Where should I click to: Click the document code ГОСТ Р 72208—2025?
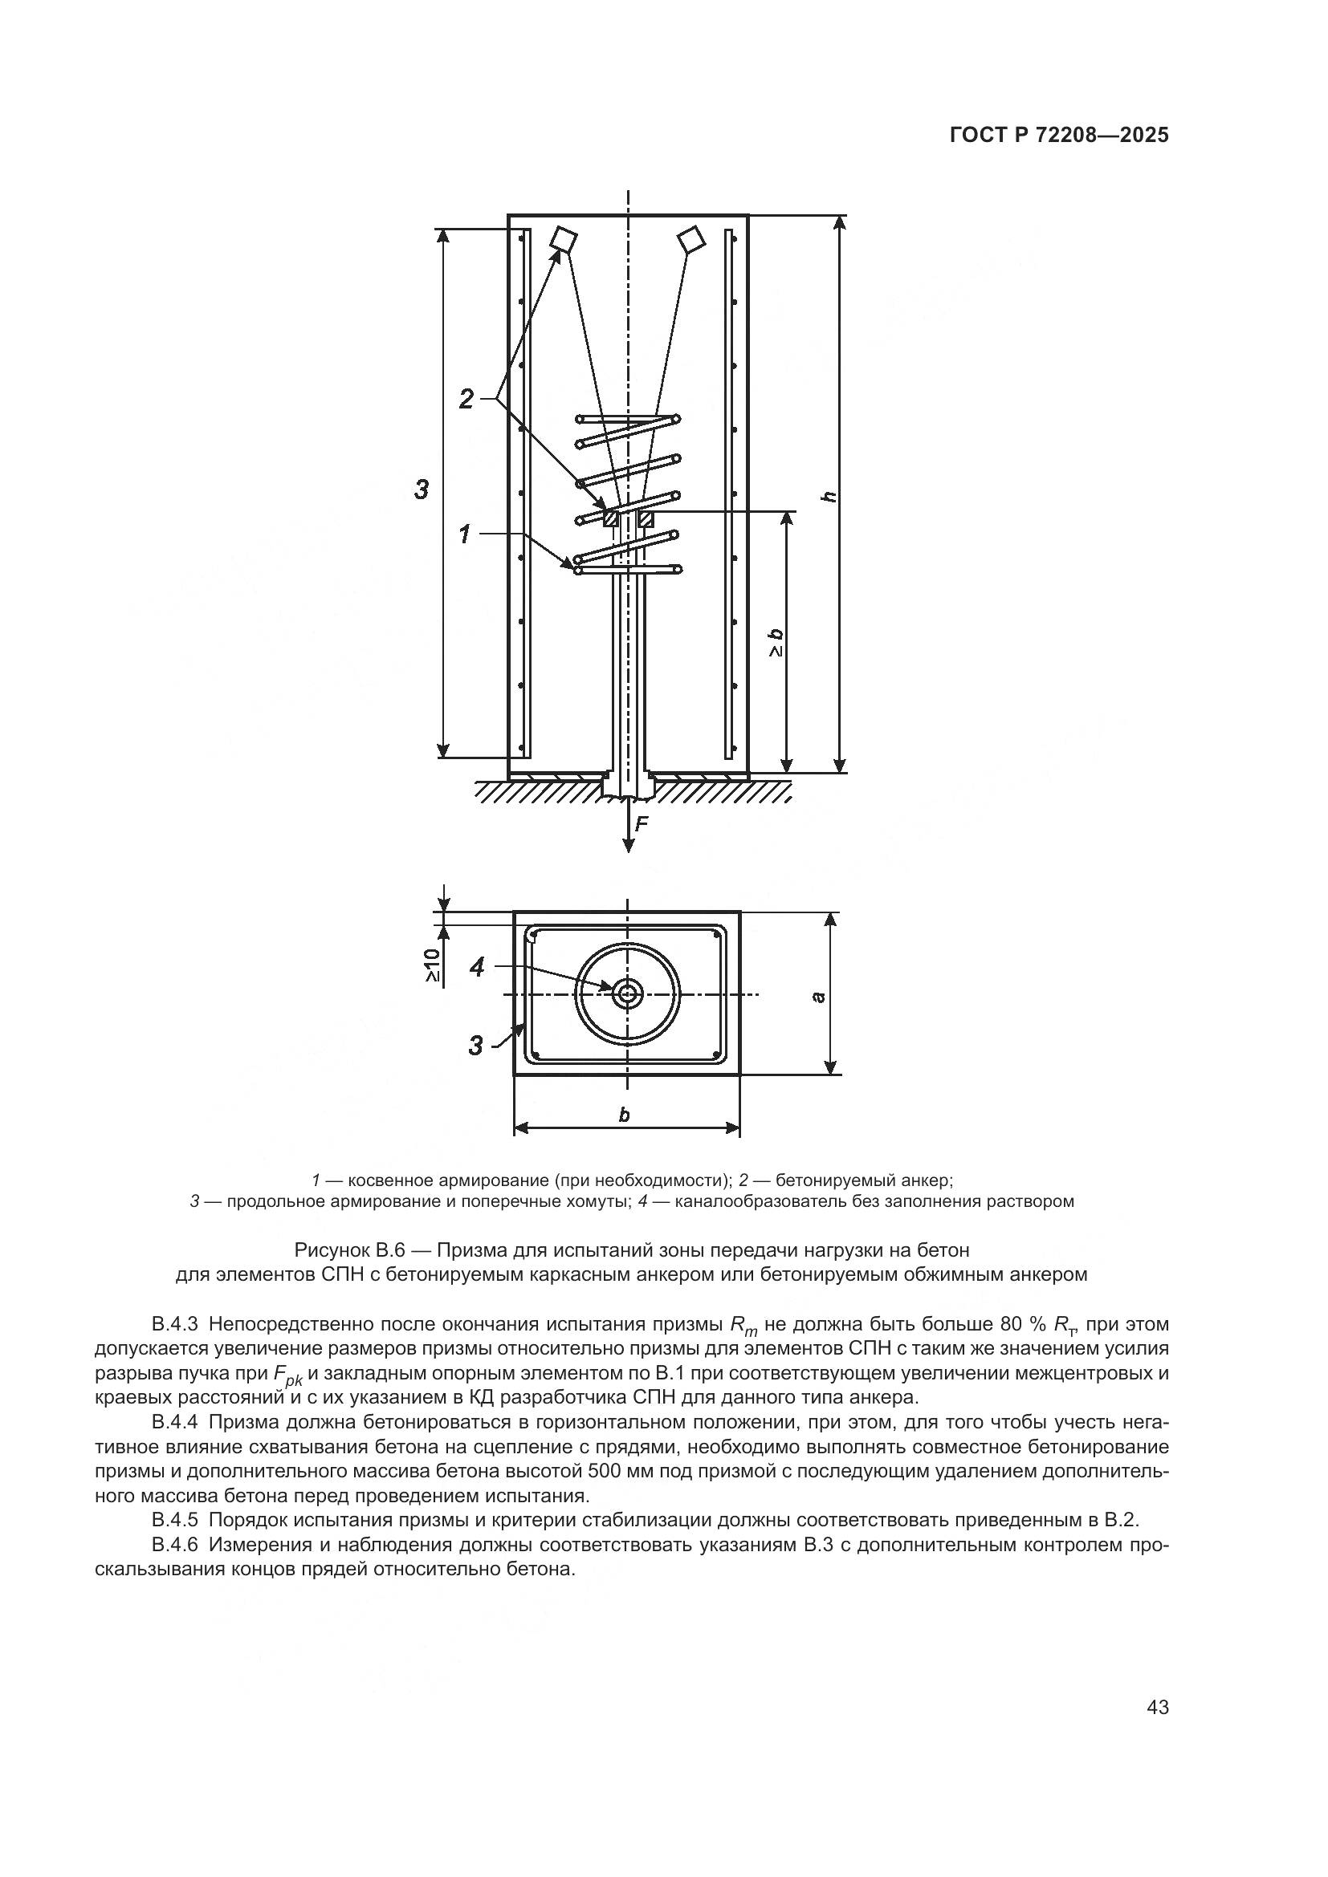[x=1059, y=136]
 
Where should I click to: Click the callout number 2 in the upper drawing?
[x=466, y=399]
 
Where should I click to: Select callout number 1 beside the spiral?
[x=464, y=534]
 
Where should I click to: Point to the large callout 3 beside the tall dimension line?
[x=422, y=490]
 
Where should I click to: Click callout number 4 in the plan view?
[x=477, y=967]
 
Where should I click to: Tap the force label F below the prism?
[x=642, y=824]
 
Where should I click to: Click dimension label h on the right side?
[x=829, y=496]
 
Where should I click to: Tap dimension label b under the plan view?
[x=625, y=1115]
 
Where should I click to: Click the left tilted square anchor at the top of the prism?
[x=563, y=238]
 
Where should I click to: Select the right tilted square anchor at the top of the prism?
[x=692, y=238]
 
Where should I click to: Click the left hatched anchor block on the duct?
[x=610, y=518]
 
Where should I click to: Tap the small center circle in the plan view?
[x=628, y=994]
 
